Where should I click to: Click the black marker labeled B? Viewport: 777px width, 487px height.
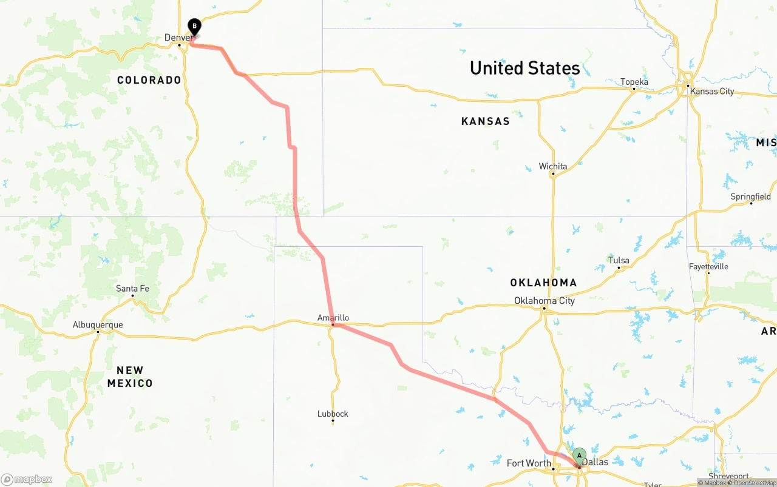point(194,27)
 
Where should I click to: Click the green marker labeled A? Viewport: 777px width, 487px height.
point(579,455)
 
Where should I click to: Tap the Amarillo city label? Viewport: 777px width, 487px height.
point(333,318)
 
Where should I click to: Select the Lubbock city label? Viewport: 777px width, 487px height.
point(333,414)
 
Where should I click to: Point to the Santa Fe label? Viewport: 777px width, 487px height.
point(132,289)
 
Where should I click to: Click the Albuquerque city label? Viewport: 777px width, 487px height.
point(98,325)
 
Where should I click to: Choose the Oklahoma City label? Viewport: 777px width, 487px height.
point(544,301)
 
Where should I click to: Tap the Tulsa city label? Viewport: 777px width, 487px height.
point(619,261)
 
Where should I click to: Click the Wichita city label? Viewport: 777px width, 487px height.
point(553,166)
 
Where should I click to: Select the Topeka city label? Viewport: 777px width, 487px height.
point(634,82)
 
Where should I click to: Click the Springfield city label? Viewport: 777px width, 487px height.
point(750,196)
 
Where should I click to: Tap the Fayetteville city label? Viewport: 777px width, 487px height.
point(708,267)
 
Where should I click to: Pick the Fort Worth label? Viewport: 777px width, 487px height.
point(529,463)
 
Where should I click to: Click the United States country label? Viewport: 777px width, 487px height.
point(524,68)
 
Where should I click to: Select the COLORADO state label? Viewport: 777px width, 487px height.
point(149,80)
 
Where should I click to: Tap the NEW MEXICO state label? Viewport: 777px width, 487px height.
point(130,377)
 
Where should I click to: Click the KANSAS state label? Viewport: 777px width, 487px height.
point(485,121)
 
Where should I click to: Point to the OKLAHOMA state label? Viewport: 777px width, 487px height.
point(543,283)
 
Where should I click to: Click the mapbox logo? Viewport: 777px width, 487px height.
point(27,479)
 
